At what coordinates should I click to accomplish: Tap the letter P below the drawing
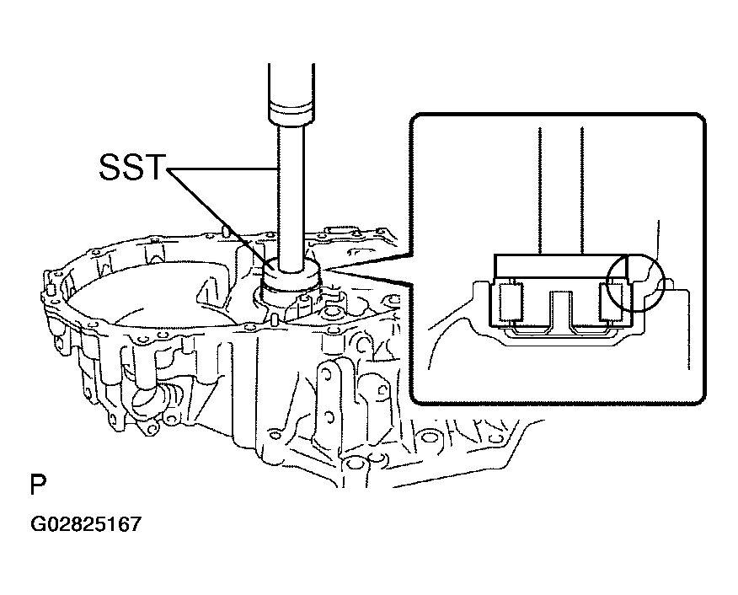pos(38,485)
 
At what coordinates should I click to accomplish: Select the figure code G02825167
pos(86,524)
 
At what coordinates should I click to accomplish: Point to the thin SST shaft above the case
pos(291,198)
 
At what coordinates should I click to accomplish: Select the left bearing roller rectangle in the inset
pos(511,301)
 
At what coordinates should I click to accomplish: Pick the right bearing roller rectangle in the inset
pos(612,301)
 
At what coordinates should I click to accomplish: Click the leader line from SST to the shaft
pos(221,169)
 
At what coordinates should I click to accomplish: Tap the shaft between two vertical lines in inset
pos(561,190)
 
